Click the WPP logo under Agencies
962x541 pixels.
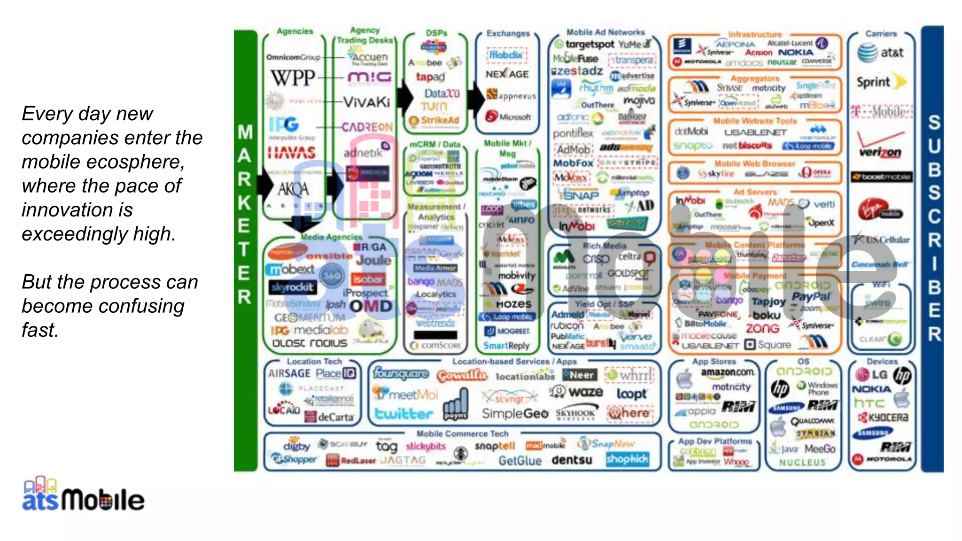[292, 78]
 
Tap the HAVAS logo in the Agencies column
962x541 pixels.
[291, 152]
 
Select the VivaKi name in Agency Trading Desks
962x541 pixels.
[366, 102]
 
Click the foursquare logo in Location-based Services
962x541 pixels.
[401, 374]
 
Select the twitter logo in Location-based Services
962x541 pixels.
[403, 414]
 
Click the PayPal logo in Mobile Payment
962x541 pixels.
[811, 296]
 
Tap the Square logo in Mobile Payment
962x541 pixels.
[768, 345]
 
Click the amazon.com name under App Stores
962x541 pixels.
[728, 372]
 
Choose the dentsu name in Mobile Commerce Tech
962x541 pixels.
[572, 460]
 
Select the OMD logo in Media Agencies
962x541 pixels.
[371, 307]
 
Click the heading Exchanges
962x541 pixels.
[508, 33]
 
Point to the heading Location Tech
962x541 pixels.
[314, 361]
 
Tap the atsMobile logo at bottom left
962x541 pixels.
[83, 495]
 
